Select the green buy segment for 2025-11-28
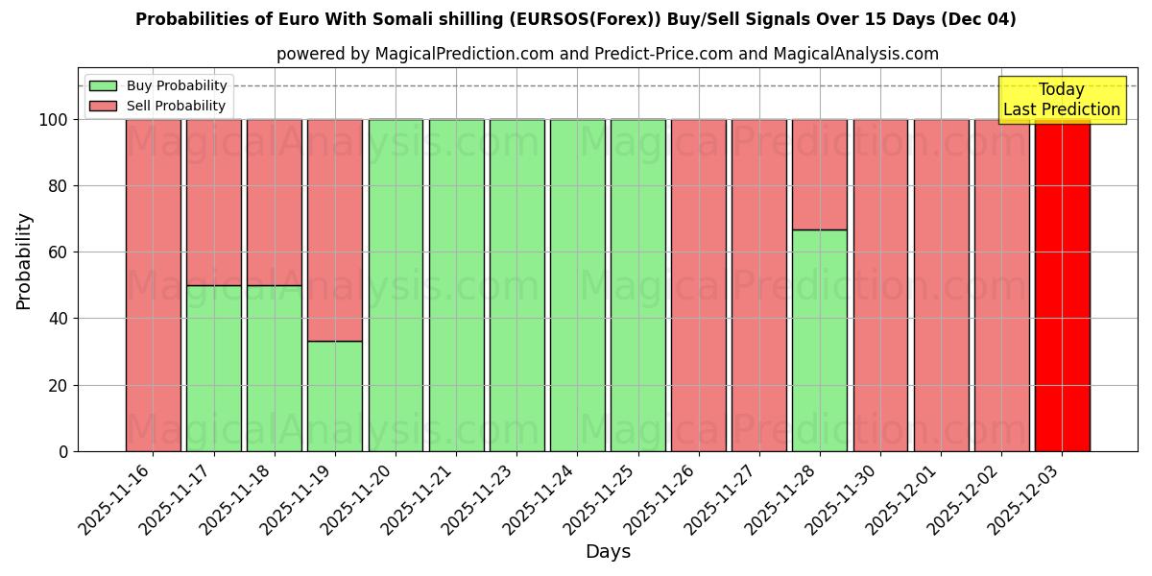click(x=820, y=341)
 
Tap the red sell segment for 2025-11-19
click(x=335, y=230)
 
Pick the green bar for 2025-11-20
click(x=396, y=285)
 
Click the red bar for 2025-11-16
click(x=154, y=285)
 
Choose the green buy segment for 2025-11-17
click(x=214, y=369)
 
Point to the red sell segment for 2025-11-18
click(x=275, y=203)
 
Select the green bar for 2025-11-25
click(x=637, y=285)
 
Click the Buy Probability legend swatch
click(x=103, y=85)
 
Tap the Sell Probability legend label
click(x=176, y=106)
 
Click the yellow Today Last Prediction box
click(x=1061, y=100)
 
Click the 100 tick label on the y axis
click(x=53, y=120)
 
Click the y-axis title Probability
click(x=24, y=261)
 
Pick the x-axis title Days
click(x=608, y=552)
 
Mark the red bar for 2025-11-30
click(x=880, y=285)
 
